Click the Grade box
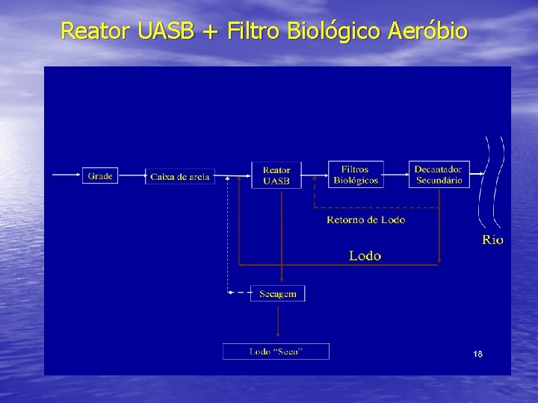[x=100, y=176]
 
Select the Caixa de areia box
[x=180, y=176]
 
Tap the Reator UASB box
[x=276, y=175]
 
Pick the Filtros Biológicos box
[x=356, y=175]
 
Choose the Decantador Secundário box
[x=439, y=175]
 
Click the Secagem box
[x=277, y=293]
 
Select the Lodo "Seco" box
[x=276, y=352]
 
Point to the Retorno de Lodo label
[x=366, y=219]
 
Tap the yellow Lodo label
[x=365, y=256]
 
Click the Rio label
[x=492, y=240]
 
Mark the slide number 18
[x=477, y=353]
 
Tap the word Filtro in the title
[x=256, y=32]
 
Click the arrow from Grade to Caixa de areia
[x=131, y=176]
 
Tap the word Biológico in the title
[x=336, y=32]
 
